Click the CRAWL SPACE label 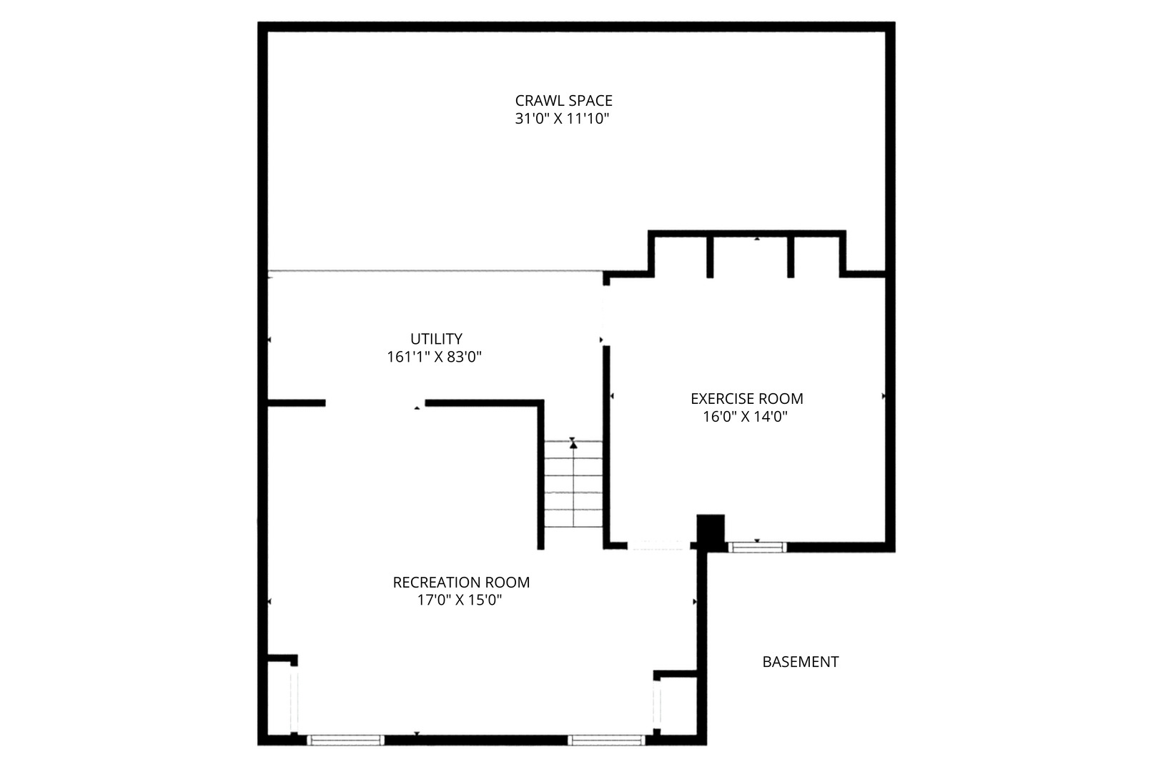pyautogui.click(x=563, y=100)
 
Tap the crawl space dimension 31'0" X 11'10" pyautogui.click(x=562, y=119)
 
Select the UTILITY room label pyautogui.click(x=436, y=339)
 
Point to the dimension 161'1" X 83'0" pyautogui.click(x=434, y=357)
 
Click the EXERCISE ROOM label pyautogui.click(x=747, y=398)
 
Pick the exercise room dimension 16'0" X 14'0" pyautogui.click(x=746, y=416)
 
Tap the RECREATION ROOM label pyautogui.click(x=461, y=582)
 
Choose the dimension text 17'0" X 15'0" pyautogui.click(x=459, y=600)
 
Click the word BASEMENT pyautogui.click(x=801, y=661)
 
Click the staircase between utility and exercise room pyautogui.click(x=573, y=484)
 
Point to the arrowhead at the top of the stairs pyautogui.click(x=573, y=445)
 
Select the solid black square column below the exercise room pyautogui.click(x=711, y=530)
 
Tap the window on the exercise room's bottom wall pyautogui.click(x=757, y=547)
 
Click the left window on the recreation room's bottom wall pyautogui.click(x=345, y=740)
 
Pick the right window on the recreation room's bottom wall pyautogui.click(x=606, y=740)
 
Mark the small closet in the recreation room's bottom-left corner pyautogui.click(x=279, y=698)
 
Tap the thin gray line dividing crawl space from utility pyautogui.click(x=435, y=271)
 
